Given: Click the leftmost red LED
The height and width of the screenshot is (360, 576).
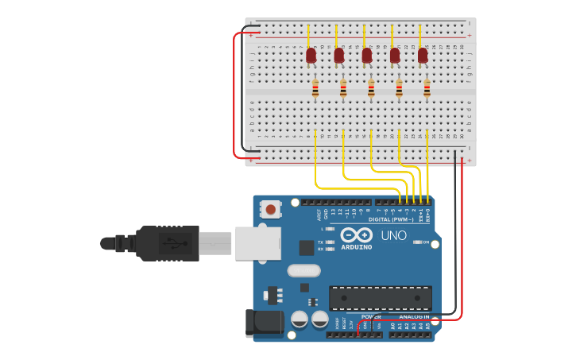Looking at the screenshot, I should pyautogui.click(x=311, y=55).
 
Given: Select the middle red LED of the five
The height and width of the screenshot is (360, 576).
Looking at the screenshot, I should pyautogui.click(x=366, y=55).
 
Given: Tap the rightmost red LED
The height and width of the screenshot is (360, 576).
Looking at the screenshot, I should pyautogui.click(x=423, y=55).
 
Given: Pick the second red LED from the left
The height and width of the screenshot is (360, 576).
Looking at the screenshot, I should pyautogui.click(x=338, y=55).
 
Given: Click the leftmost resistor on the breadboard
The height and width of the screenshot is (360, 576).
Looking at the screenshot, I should pyautogui.click(x=315, y=89).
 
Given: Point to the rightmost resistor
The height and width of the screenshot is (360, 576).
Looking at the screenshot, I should pyautogui.click(x=427, y=89).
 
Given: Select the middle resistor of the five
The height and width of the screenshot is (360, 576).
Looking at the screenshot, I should pyautogui.click(x=371, y=89).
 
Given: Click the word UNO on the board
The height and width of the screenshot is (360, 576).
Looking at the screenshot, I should pyautogui.click(x=394, y=235).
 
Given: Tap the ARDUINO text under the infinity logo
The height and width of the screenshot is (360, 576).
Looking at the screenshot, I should pyautogui.click(x=357, y=247).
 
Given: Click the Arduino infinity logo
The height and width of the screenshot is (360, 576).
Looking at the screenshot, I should pyautogui.click(x=357, y=235).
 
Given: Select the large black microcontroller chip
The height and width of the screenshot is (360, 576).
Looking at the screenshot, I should pyautogui.click(x=381, y=298).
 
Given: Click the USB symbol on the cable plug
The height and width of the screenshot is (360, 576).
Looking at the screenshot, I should pyautogui.click(x=169, y=242).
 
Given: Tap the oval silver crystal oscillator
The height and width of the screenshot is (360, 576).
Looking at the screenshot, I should pyautogui.click(x=303, y=270).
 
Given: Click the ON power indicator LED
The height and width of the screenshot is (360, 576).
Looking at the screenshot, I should pyautogui.click(x=416, y=242).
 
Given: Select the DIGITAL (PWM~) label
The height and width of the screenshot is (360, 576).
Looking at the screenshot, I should pyautogui.click(x=390, y=219).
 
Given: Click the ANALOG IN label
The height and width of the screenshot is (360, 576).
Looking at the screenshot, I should pyautogui.click(x=413, y=316).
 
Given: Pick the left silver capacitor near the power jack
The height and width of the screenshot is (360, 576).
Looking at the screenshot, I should pyautogui.click(x=300, y=319).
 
